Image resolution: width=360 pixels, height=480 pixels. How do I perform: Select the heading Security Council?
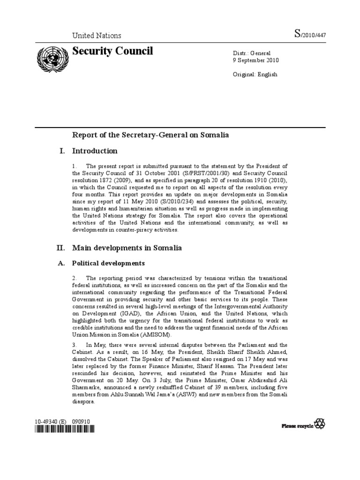(x=112, y=51)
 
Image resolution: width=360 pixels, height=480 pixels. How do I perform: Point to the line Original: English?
(x=255, y=74)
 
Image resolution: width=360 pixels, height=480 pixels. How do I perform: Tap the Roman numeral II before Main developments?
(x=61, y=247)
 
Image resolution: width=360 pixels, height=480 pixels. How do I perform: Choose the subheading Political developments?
(x=108, y=263)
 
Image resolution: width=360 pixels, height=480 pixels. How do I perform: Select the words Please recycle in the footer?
(x=297, y=426)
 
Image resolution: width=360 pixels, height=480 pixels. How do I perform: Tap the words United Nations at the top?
(x=96, y=36)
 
